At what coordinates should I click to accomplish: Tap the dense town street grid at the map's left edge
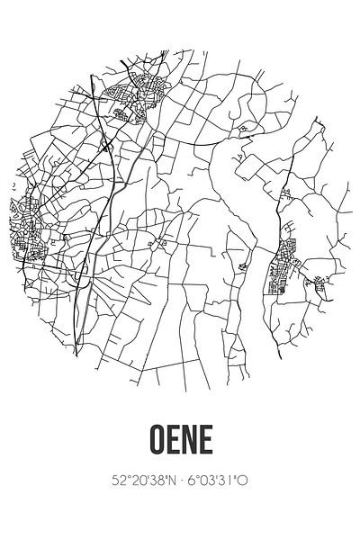27,234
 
